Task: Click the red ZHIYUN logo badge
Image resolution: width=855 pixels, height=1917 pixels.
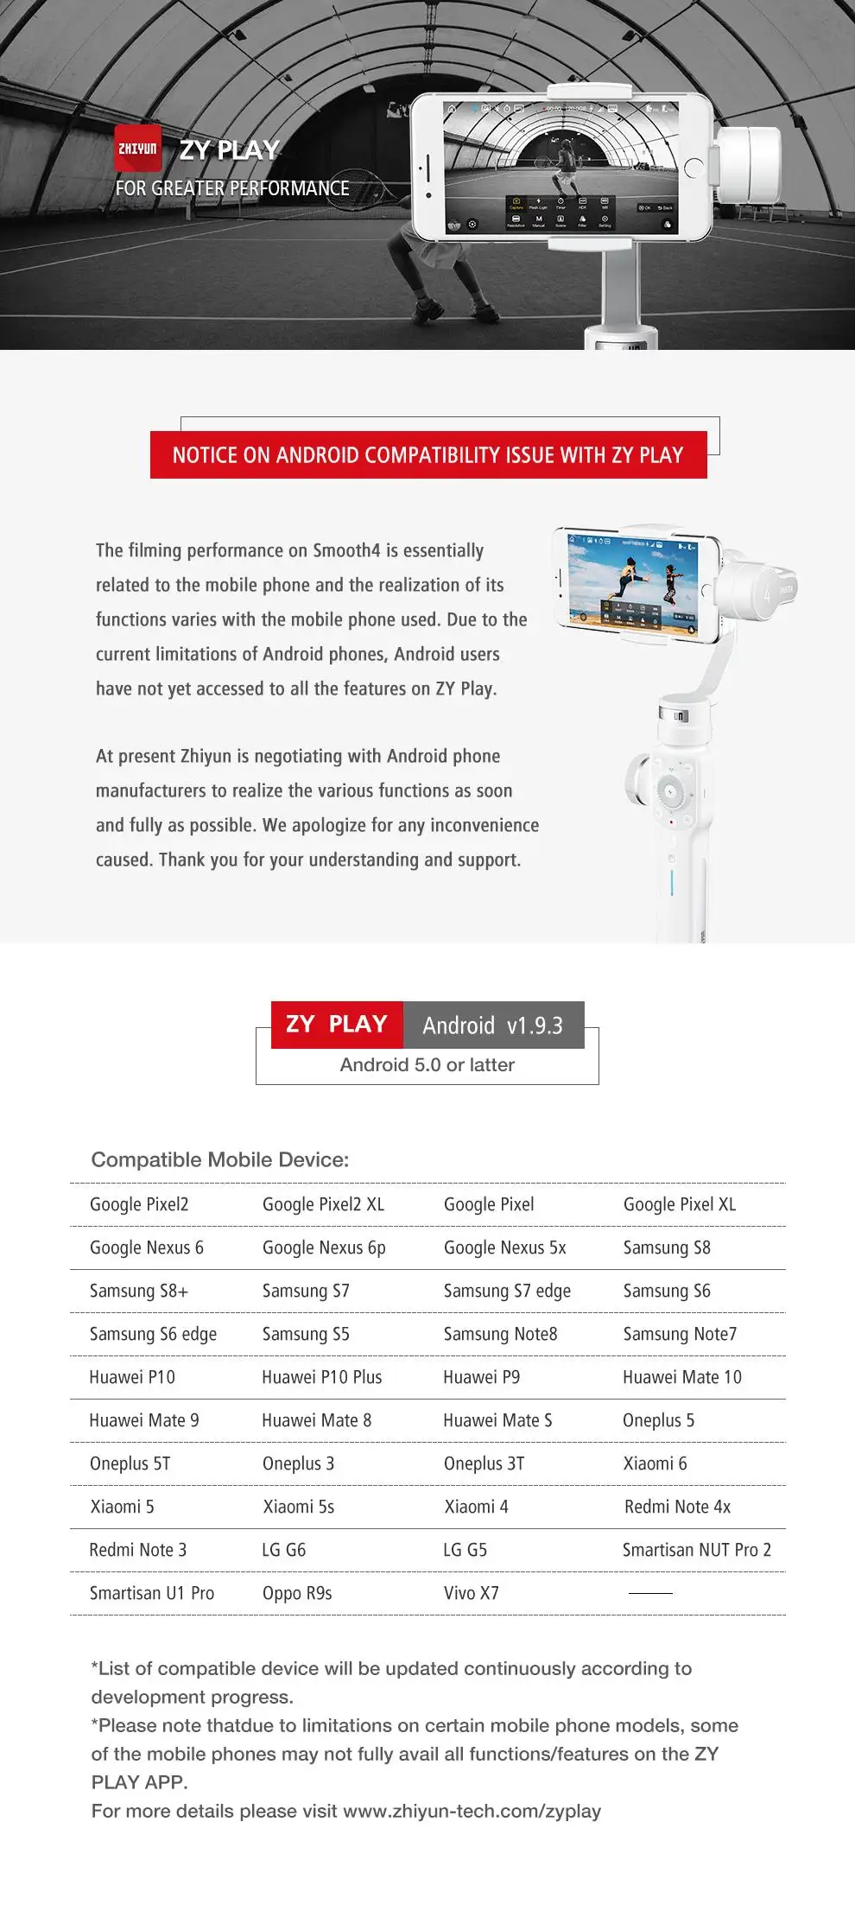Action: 138,149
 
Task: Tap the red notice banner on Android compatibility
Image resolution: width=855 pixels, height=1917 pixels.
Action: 428,455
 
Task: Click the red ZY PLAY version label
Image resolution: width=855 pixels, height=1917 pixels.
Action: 337,1025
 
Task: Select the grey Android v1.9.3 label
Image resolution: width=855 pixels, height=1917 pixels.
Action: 493,1025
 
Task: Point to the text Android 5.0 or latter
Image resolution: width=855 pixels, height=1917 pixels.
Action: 427,1065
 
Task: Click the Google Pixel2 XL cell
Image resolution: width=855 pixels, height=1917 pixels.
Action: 323,1204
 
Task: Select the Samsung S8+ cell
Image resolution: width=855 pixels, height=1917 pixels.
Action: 139,1291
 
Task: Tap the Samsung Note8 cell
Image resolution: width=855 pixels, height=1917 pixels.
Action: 500,1334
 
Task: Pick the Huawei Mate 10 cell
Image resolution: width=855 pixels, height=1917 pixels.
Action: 681,1377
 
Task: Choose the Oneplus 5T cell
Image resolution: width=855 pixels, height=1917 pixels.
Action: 130,1463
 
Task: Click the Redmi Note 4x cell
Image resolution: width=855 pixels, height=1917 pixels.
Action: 677,1507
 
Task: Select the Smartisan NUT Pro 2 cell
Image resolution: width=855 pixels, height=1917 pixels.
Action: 696,1550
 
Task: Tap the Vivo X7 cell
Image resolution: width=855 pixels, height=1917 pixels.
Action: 471,1593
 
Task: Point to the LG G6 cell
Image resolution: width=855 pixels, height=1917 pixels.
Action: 283,1550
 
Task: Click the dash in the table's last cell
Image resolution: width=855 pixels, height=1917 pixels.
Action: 650,1593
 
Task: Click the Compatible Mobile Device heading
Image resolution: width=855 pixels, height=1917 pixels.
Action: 220,1159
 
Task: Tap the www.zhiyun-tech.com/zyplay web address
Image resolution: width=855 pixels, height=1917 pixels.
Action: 472,1811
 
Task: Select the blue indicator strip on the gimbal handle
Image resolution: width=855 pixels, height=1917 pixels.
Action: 671,882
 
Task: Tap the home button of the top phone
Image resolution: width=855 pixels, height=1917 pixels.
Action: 693,168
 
